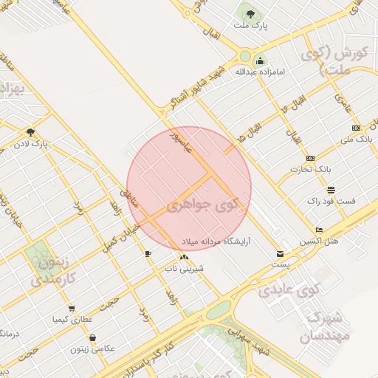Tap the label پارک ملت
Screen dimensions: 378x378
pyautogui.click(x=250, y=26)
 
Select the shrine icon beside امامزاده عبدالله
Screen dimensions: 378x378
pyautogui.click(x=259, y=61)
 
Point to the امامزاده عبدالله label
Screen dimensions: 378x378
pyautogui.click(x=259, y=72)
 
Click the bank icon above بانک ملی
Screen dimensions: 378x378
pyautogui.click(x=354, y=126)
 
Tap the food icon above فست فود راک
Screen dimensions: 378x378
pyautogui.click(x=330, y=189)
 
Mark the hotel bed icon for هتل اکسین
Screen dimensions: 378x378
pyautogui.click(x=319, y=230)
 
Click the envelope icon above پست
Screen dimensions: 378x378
pyautogui.click(x=279, y=253)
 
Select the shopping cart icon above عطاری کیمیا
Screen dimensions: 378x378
pyautogui.click(x=72, y=309)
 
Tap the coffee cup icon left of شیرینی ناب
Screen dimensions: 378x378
pyautogui.click(x=148, y=254)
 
